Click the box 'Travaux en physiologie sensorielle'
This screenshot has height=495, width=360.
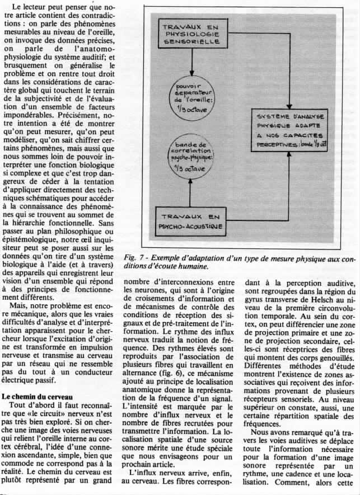(x=191, y=34)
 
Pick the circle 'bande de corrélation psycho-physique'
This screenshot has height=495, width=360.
(x=191, y=159)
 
